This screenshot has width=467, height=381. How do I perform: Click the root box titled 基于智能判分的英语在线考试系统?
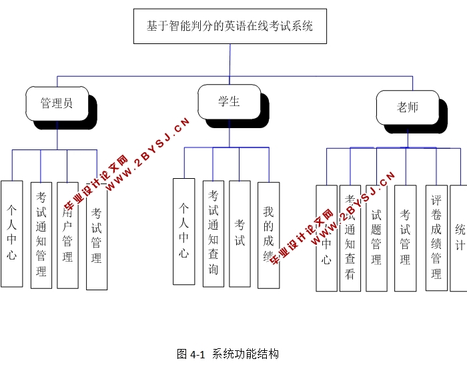[229, 27]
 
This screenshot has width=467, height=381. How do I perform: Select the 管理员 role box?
[57, 103]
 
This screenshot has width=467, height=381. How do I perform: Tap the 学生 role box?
[229, 102]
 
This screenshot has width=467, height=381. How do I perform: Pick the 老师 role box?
[407, 107]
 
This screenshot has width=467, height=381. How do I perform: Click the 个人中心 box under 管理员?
[12, 234]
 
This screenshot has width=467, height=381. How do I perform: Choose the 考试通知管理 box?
[41, 235]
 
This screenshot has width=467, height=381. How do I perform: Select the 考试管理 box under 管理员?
[97, 237]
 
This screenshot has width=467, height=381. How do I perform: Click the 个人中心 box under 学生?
[183, 232]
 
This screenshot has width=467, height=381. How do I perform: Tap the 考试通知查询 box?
[213, 234]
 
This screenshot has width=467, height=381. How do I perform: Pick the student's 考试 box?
[240, 234]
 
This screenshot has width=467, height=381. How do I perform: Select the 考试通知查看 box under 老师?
[350, 238]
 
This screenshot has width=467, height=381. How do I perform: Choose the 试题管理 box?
[376, 238]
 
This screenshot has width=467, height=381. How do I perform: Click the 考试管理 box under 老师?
[405, 238]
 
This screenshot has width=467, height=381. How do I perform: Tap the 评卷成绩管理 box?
[436, 238]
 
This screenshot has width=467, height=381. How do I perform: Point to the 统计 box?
[460, 238]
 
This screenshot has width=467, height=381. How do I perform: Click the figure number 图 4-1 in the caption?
[190, 354]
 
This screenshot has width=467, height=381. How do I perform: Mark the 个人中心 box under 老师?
[326, 238]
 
